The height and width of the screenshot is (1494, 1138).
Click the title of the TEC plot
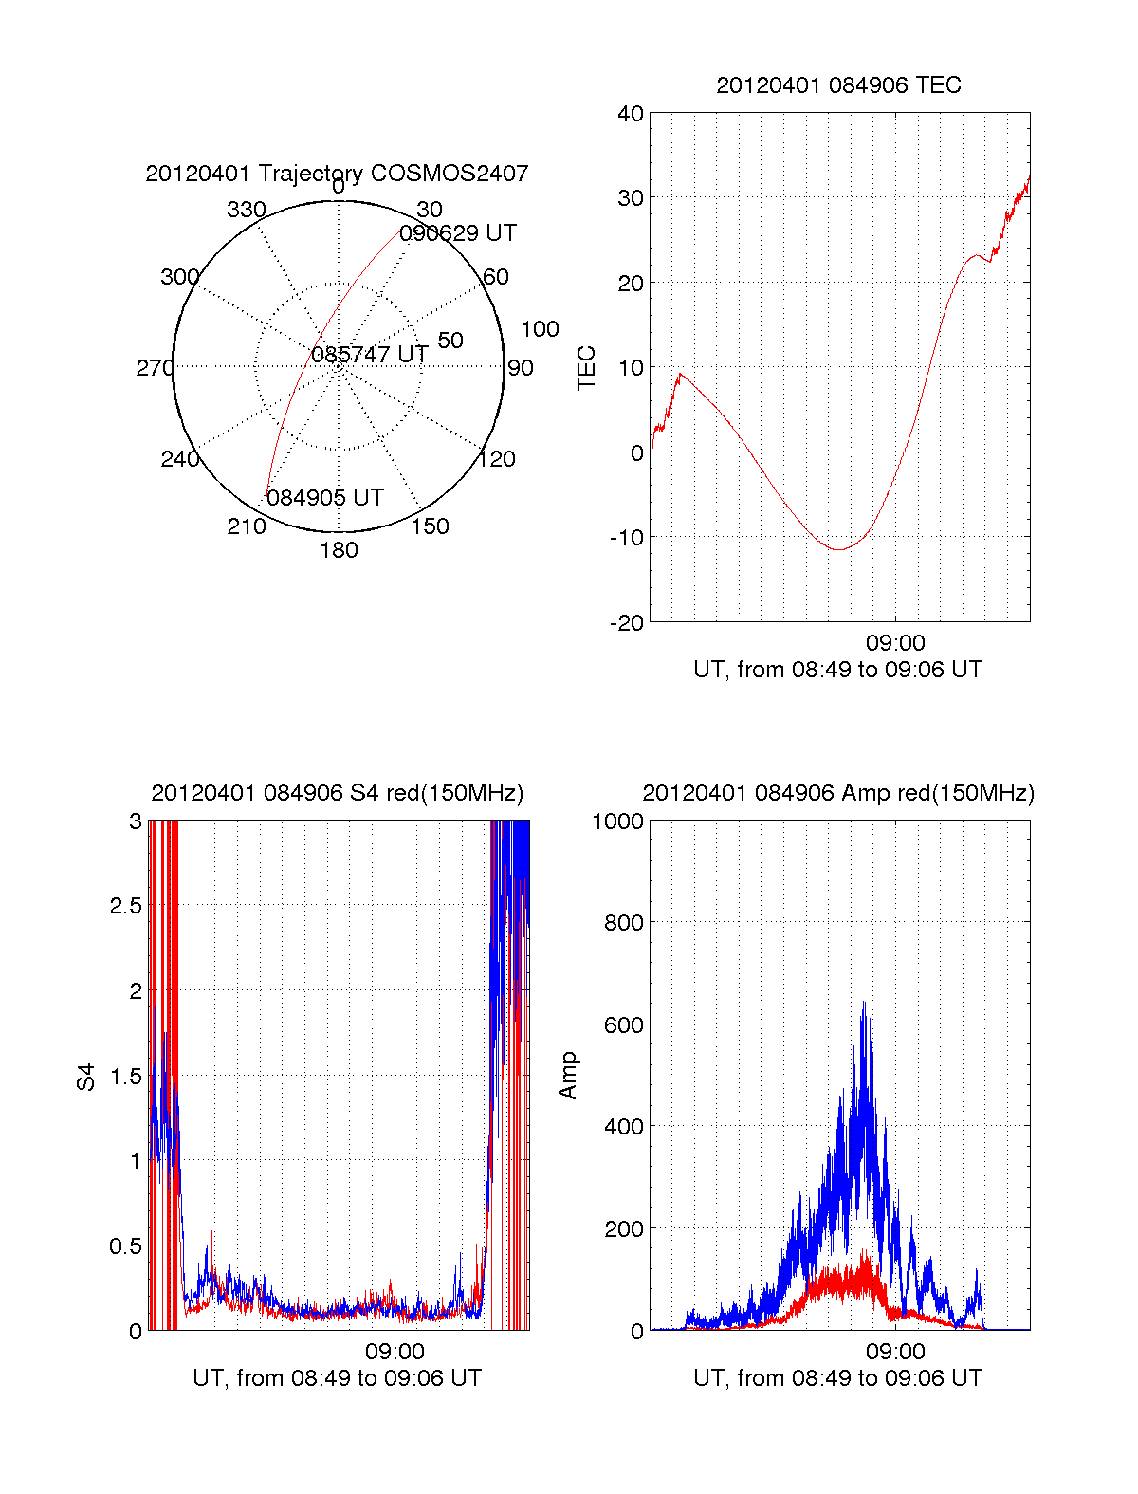pos(838,85)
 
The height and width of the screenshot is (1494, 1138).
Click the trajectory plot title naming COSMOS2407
pos(337,174)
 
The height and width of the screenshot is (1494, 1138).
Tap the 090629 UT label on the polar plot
pos(458,233)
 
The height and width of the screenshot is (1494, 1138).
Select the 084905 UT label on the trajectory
pos(324,498)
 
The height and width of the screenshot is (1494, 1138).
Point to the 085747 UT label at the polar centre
pos(370,355)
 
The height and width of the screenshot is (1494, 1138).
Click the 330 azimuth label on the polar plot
pos(246,210)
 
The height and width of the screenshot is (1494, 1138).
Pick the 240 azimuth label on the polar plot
pos(179,459)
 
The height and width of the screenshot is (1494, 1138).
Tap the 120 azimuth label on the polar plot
pos(497,459)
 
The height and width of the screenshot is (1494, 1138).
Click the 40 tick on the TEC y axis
pos(631,114)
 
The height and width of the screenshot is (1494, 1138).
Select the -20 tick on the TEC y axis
pos(627,622)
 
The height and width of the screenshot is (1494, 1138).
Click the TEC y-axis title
pos(587,368)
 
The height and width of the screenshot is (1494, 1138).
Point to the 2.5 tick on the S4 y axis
pos(126,905)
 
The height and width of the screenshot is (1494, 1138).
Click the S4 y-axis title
pos(86,1077)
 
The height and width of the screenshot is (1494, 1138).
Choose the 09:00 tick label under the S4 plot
pos(395,1351)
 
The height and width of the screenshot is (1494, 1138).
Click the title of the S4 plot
pos(338,793)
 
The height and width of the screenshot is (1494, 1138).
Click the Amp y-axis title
pos(568,1075)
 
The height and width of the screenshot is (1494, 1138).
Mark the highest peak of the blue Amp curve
pos(864,1002)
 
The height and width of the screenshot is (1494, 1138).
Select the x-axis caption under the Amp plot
pos(838,1378)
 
